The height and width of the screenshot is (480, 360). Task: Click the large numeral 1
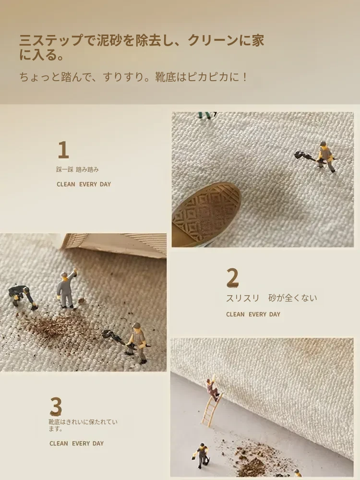click(63, 150)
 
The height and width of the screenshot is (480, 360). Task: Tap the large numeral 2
click(233, 277)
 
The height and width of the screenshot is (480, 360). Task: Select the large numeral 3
click(56, 407)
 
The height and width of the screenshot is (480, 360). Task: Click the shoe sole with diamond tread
click(206, 214)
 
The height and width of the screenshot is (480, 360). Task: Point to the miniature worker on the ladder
click(212, 389)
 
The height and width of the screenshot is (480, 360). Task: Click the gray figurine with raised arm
click(66, 289)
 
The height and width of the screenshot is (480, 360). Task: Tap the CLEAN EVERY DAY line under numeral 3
click(76, 443)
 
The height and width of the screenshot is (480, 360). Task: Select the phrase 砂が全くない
click(293, 298)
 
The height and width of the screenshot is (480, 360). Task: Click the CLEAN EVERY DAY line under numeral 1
click(84, 184)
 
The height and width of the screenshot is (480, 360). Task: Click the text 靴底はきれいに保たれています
click(83, 425)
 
